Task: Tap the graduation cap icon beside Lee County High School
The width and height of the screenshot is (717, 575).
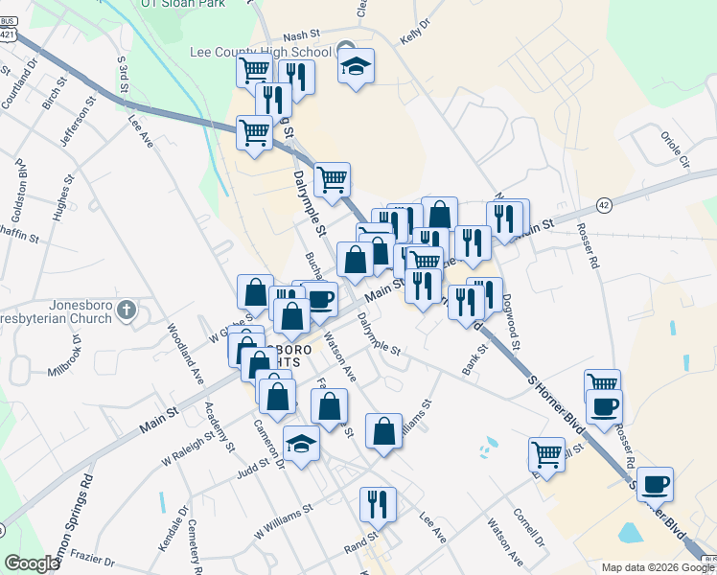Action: tap(356, 66)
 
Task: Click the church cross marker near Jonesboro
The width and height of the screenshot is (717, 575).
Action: tap(128, 310)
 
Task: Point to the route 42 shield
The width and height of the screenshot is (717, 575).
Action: tap(603, 205)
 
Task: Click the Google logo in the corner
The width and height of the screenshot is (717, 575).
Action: tap(32, 563)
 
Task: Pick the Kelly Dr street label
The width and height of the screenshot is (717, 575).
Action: tap(412, 35)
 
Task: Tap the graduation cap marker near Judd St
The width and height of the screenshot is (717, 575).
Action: tap(302, 444)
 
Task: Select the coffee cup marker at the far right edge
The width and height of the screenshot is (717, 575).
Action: tap(655, 484)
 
